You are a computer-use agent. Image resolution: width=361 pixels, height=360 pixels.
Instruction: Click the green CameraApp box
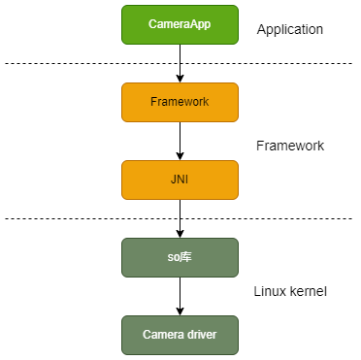click(180, 24)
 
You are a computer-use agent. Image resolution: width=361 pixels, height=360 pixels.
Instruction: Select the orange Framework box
click(180, 102)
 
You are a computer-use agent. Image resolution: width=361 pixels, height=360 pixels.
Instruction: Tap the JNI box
click(180, 180)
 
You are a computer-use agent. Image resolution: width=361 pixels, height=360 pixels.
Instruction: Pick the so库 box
click(180, 257)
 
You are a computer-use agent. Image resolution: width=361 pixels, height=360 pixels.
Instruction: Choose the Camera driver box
click(180, 335)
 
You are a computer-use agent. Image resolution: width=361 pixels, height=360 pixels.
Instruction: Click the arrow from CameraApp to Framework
click(180, 63)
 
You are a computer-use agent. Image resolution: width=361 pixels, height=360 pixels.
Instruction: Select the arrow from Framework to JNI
click(180, 141)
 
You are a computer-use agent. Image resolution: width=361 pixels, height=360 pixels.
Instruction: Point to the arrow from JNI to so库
click(180, 218)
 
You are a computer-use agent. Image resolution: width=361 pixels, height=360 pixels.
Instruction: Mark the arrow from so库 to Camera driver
click(180, 296)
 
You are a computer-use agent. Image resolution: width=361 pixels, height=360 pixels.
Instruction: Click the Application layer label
click(289, 30)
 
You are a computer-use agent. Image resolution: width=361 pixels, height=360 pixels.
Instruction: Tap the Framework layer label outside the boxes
click(289, 146)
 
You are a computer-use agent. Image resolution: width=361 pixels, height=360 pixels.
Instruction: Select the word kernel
click(307, 291)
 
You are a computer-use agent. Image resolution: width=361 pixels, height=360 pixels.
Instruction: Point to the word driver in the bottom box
click(199, 335)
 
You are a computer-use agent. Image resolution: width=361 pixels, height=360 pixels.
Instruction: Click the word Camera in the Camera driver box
click(161, 335)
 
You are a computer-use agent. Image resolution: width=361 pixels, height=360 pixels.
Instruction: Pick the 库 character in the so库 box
click(187, 257)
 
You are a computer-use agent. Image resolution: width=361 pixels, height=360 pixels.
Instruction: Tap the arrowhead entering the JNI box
click(180, 155)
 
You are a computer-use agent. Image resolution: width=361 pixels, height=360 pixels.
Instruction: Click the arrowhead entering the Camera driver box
click(180, 311)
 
